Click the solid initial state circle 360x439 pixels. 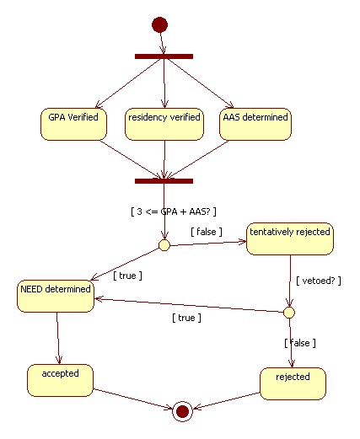coord(159,24)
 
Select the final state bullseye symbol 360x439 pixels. coord(182,411)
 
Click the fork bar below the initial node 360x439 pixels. coord(164,56)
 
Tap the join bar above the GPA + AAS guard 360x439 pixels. coord(164,181)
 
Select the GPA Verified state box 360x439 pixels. coord(73,124)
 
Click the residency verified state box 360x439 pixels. coord(164,124)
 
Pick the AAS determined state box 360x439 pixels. coord(255,124)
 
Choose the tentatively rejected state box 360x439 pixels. coord(290,239)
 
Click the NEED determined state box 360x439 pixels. coord(56,296)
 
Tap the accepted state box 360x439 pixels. coord(60,380)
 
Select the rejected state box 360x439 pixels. coord(293,383)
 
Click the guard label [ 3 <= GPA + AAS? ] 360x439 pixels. coord(174,211)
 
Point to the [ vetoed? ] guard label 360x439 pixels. coord(319,281)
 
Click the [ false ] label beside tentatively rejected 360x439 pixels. coord(207,232)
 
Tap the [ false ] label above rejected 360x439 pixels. coord(300,343)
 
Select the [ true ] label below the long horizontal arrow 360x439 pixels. coord(186,318)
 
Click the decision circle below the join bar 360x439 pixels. coord(164,245)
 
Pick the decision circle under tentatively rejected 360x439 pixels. coord(289,313)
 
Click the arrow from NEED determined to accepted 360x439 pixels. coord(58,338)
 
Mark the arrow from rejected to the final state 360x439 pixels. coord(226,401)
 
